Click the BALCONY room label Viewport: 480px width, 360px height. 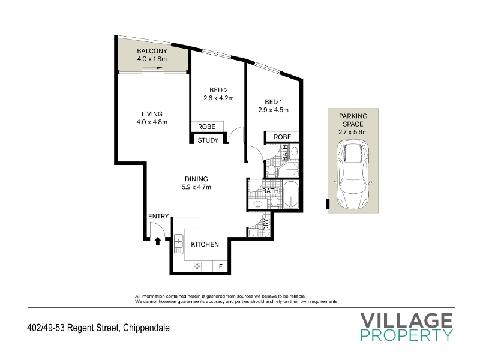click(152, 51)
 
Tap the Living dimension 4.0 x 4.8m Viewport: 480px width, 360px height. click(152, 122)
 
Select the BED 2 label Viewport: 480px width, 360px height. click(218, 90)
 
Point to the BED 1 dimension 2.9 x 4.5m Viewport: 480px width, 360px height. click(274, 110)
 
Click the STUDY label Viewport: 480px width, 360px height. click(208, 140)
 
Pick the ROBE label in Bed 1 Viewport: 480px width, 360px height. click(282, 137)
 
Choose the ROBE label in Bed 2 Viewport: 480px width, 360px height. click(206, 127)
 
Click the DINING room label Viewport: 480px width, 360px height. click(196, 179)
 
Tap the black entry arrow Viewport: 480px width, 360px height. click(158, 241)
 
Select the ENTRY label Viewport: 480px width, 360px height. click(158, 216)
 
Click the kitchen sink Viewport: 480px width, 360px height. click(178, 244)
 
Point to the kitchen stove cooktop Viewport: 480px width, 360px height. click(197, 266)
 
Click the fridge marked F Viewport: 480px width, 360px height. click(220, 266)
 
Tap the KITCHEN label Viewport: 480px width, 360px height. click(205, 244)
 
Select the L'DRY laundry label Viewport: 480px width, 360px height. click(266, 227)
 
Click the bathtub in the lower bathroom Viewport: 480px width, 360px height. click(291, 195)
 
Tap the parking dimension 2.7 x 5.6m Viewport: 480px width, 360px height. click(353, 132)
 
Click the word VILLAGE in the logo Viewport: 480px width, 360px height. click(406, 320)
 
